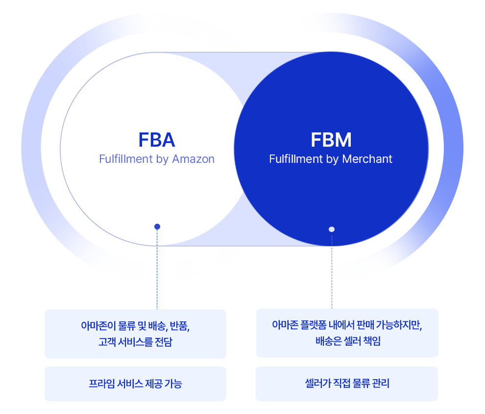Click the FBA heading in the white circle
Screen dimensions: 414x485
[x=157, y=140]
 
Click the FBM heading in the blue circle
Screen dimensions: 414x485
[x=331, y=140]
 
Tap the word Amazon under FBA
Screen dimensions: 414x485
[x=193, y=159]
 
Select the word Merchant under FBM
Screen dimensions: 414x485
[x=369, y=159]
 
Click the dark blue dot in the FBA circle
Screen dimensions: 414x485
[x=157, y=227]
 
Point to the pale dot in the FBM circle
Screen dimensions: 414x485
[x=332, y=229]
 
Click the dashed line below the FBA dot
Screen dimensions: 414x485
[x=157, y=270]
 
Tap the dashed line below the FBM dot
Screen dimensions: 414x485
[x=332, y=270]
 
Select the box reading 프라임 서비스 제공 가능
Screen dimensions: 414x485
[x=135, y=384]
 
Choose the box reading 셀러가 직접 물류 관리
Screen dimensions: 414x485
[x=347, y=384]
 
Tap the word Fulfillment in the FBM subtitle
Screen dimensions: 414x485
[x=296, y=159]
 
